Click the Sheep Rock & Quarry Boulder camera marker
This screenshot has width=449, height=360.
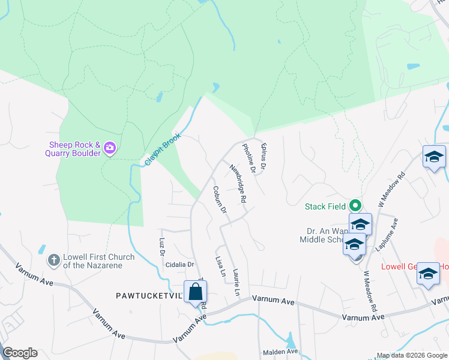click(x=109, y=148)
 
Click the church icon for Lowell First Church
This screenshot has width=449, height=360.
click(x=53, y=260)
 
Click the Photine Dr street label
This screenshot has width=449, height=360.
click(x=249, y=159)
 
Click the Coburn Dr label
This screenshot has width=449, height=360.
click(x=219, y=199)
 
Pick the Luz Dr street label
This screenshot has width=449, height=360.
click(x=162, y=246)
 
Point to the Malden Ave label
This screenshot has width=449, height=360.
click(x=280, y=351)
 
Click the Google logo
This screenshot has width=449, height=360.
click(x=20, y=353)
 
